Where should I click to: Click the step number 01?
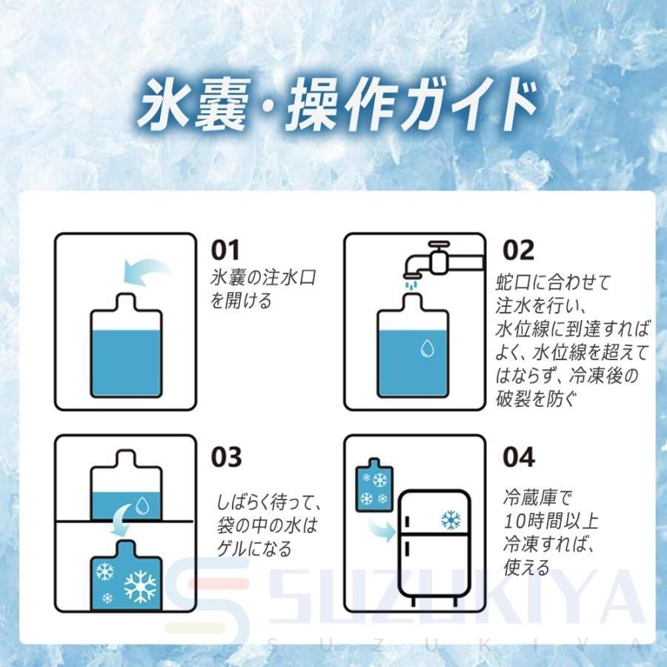225,250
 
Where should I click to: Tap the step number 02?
518,250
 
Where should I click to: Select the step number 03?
226,457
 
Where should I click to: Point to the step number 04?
519,457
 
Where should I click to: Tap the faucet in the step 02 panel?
442,259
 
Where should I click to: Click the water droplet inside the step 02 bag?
427,348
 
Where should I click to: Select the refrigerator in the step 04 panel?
434,548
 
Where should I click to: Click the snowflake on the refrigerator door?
451,520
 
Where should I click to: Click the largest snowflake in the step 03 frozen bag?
140,586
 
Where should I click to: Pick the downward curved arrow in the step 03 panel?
122,520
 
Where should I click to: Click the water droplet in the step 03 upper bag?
142,505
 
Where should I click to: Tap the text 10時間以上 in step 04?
551,521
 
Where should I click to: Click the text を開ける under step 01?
241,300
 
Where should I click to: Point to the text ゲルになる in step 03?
254,548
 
